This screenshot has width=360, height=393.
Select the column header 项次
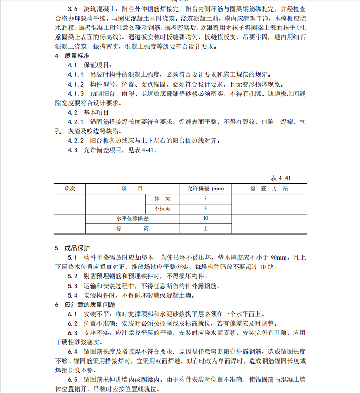(x=70, y=189)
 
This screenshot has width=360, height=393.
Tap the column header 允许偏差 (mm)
(x=205, y=189)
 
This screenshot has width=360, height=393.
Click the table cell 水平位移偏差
(x=132, y=219)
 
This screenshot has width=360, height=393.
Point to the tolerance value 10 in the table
(x=205, y=219)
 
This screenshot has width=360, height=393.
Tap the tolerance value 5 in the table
(x=205, y=199)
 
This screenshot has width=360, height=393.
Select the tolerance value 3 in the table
(x=205, y=208)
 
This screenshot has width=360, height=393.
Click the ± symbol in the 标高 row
(x=205, y=228)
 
